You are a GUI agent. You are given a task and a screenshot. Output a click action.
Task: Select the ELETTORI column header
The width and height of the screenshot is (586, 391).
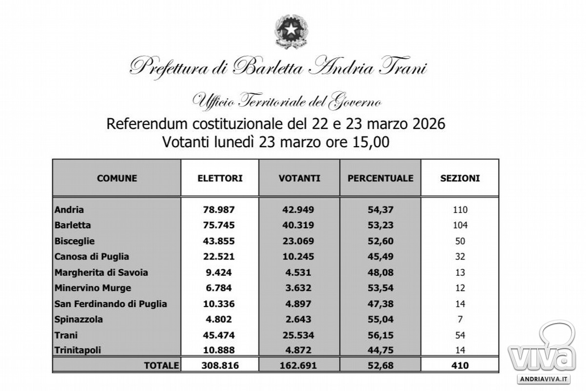click(220, 178)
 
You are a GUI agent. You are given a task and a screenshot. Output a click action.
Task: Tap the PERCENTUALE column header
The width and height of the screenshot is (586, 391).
click(380, 178)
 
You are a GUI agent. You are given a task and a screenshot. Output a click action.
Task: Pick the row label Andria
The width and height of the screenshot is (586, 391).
click(69, 210)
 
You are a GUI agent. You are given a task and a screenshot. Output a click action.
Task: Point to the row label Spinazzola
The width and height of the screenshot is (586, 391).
click(79, 320)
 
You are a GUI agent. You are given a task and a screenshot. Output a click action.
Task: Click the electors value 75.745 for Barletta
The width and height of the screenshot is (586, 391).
click(219, 225)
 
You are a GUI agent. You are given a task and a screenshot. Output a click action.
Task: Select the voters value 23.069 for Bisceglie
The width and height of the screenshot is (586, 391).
click(299, 241)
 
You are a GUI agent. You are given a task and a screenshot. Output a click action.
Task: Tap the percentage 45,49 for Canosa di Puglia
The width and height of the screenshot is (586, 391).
click(380, 257)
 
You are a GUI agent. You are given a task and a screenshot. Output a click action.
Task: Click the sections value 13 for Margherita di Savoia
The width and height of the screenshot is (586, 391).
click(460, 273)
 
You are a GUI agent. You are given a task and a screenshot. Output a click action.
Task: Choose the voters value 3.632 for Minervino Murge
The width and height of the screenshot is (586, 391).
click(299, 288)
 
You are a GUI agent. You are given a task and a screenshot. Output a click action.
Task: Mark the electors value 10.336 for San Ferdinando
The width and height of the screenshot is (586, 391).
click(219, 304)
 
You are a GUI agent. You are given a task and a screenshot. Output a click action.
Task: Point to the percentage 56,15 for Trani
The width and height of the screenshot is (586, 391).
click(380, 335)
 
